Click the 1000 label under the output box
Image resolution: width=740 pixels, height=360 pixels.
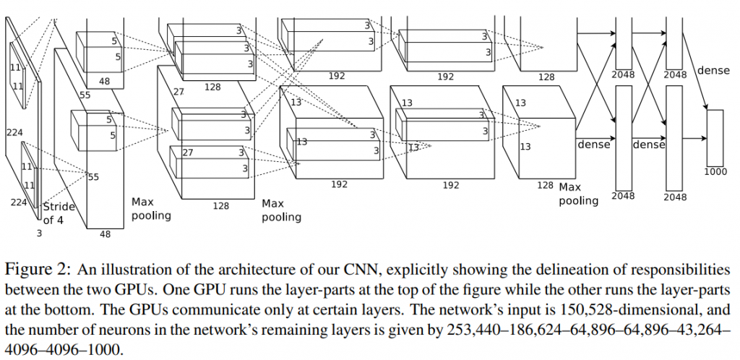pos(715,172)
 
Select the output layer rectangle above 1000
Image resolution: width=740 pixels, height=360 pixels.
pos(715,138)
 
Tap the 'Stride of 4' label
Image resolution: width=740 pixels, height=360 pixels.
pos(59,213)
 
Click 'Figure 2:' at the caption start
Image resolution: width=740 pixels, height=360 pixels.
pos(38,270)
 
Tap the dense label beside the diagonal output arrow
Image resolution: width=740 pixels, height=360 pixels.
pos(713,71)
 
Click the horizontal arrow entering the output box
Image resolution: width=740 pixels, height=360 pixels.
pos(694,138)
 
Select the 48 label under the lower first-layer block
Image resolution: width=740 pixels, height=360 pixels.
pos(106,233)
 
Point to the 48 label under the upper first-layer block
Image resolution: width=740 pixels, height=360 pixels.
pos(104,82)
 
